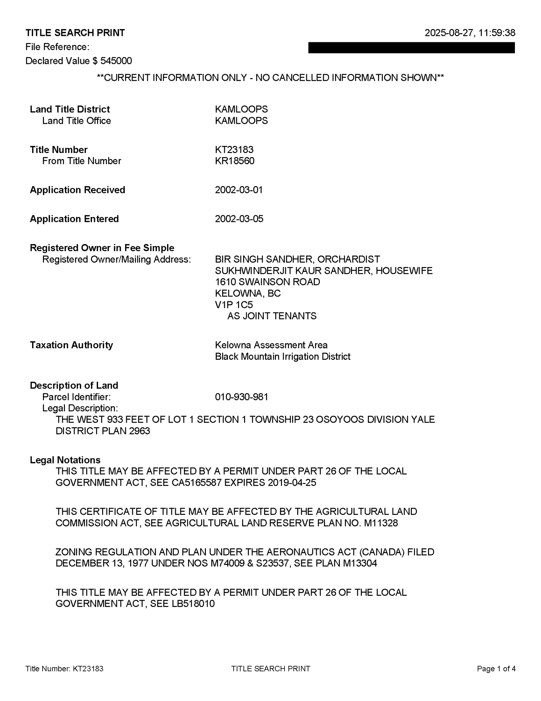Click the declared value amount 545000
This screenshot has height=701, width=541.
click(x=116, y=61)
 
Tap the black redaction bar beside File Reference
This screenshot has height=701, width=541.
click(x=411, y=48)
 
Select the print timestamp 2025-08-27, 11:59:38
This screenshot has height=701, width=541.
click(x=470, y=33)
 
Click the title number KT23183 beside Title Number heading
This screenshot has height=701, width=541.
click(x=234, y=150)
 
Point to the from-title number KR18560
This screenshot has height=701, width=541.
click(x=235, y=161)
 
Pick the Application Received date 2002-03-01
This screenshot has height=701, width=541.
click(x=239, y=190)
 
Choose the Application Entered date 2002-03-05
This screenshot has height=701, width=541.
click(x=239, y=219)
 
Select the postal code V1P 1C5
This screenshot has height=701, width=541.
click(x=234, y=305)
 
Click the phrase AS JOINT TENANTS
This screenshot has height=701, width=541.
click(x=272, y=316)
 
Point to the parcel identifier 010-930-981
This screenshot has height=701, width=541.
click(x=241, y=397)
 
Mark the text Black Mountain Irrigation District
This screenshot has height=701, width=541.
click(x=283, y=356)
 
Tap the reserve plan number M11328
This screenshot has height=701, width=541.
click(x=381, y=523)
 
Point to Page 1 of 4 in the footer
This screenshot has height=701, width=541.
click(x=496, y=669)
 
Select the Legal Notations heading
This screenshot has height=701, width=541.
click(x=65, y=460)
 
